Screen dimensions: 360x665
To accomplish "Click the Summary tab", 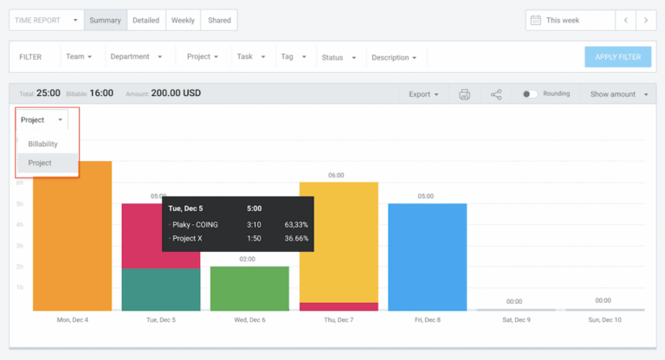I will pos(105,20).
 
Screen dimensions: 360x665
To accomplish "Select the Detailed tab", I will pos(145,20).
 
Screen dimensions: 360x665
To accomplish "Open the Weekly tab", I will pos(183,20).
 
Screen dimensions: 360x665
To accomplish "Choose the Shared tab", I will pos(219,20).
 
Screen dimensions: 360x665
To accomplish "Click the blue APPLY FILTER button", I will pos(617,57).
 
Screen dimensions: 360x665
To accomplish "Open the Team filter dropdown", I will pos(79,57).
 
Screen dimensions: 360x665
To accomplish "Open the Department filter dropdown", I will pos(136,57).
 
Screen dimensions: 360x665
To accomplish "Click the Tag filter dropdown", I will pos(294,57).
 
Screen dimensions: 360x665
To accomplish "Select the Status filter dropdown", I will pos(339,57).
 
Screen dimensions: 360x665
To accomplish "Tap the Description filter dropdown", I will pos(394,57).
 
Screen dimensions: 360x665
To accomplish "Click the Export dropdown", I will pos(423,94).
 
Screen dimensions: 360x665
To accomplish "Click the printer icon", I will pos(464,94).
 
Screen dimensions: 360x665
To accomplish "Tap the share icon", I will pos(496,94).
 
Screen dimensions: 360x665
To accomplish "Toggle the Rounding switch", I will pos(530,94).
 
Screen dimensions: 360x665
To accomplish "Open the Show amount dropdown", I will pos(618,94).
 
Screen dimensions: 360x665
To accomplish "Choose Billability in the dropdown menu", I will pos(42,144).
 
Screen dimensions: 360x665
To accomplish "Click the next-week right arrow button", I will pos(646,20).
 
